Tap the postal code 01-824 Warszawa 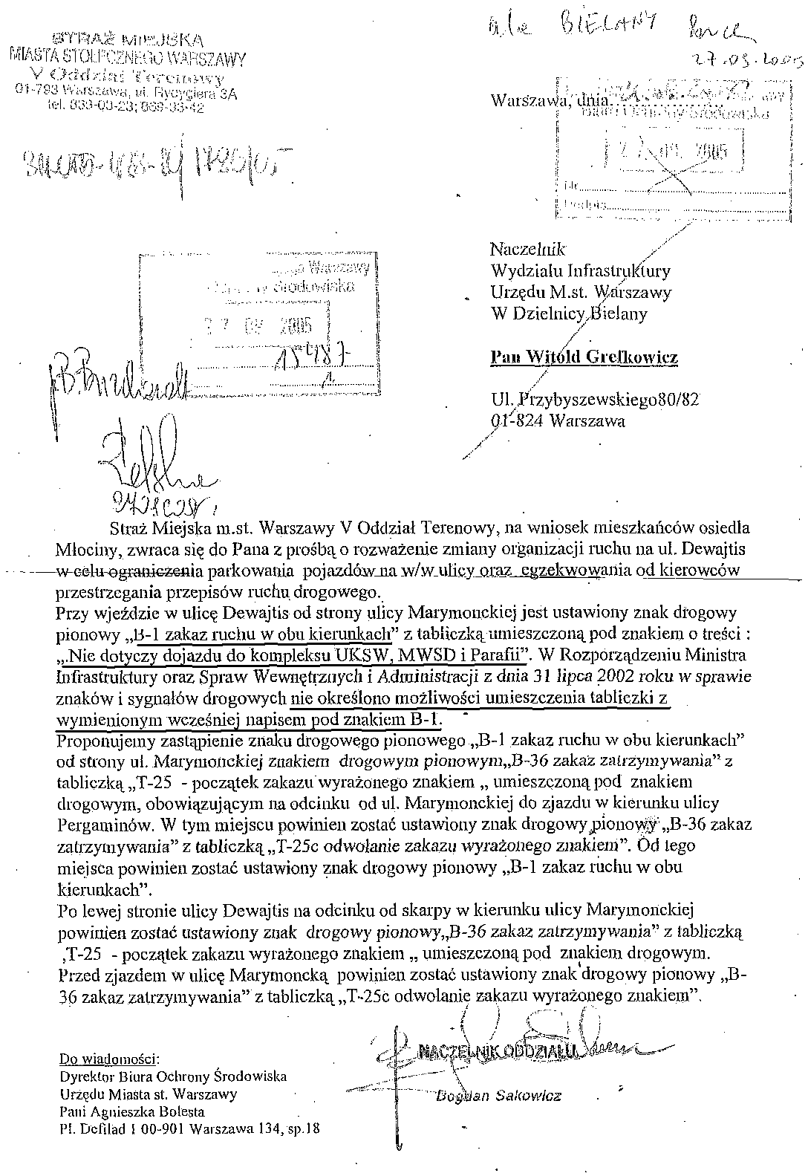tap(558, 421)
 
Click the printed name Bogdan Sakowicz tap(498, 1095)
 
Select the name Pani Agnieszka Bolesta tap(132, 1112)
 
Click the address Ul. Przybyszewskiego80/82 tap(594, 400)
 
